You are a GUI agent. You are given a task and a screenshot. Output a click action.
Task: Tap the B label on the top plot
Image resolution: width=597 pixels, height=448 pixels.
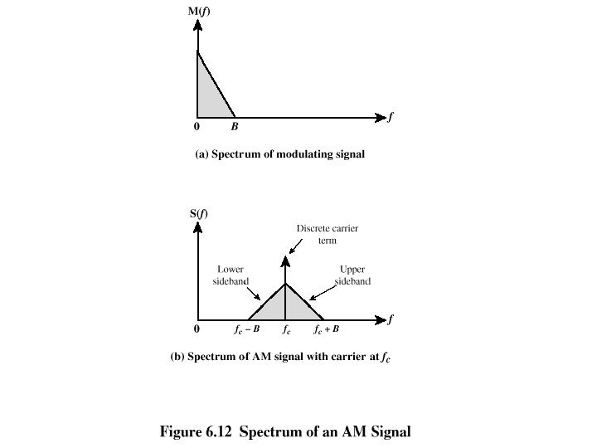click(x=235, y=127)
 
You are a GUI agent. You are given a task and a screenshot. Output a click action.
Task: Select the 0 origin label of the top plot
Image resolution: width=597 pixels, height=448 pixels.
click(x=197, y=127)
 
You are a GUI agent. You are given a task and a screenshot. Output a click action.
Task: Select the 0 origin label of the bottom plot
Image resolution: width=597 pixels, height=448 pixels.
click(x=197, y=330)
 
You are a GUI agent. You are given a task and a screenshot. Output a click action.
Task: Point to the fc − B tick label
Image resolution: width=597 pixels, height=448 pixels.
click(x=247, y=330)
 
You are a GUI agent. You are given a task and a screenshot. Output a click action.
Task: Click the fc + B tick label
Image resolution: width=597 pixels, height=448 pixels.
click(x=326, y=330)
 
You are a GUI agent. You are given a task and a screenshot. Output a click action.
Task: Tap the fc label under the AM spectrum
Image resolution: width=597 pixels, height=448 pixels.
click(x=286, y=330)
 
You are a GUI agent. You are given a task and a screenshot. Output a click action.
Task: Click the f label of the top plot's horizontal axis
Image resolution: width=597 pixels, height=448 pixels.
click(x=390, y=116)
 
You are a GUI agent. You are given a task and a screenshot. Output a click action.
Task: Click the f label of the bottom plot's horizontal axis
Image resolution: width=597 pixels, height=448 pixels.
click(x=390, y=319)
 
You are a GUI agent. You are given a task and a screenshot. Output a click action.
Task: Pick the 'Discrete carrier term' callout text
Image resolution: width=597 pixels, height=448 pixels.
click(x=328, y=233)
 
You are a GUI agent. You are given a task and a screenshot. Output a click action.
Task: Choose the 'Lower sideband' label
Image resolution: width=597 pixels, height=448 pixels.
click(x=231, y=275)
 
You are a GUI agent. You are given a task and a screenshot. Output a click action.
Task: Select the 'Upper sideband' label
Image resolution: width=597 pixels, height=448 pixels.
click(x=353, y=275)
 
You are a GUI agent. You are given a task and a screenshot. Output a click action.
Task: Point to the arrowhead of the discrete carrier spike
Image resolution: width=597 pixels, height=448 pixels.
click(x=285, y=260)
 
